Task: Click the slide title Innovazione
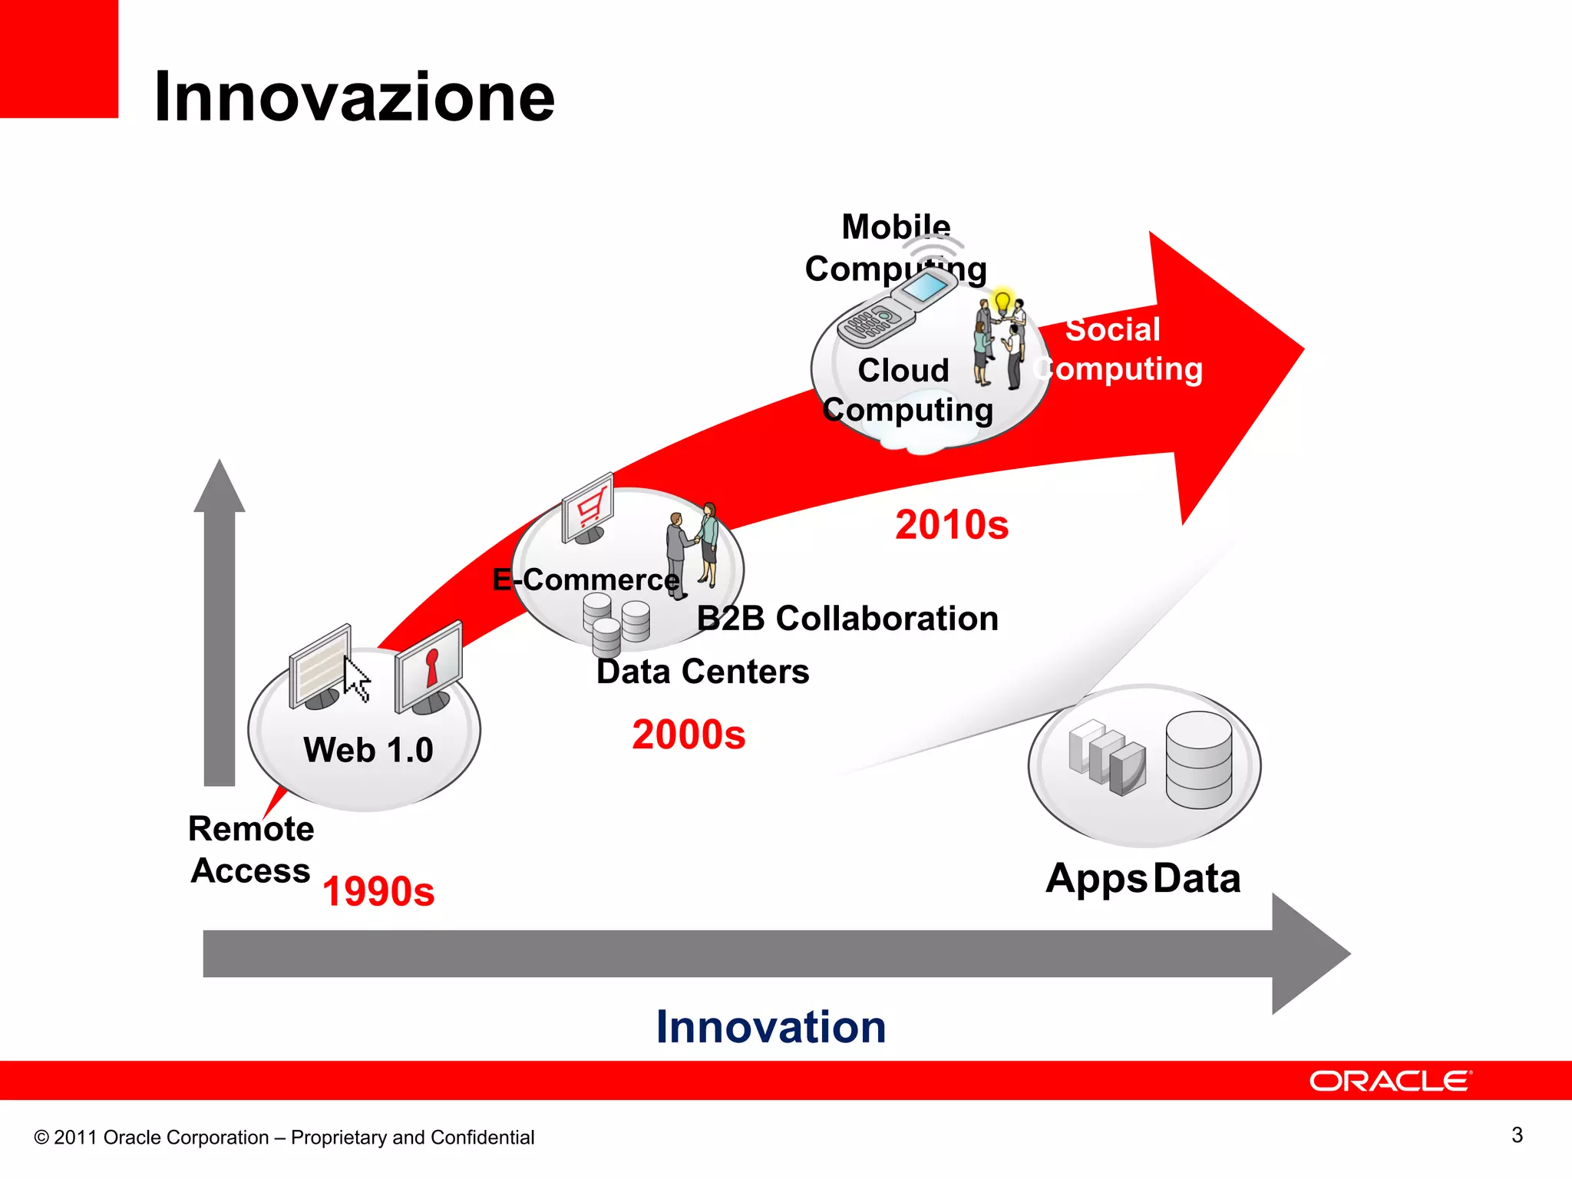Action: (x=354, y=97)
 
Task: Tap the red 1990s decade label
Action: (x=378, y=892)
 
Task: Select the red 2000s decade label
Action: (x=689, y=735)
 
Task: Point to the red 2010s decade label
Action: (x=952, y=525)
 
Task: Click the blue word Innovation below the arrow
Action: (x=771, y=1027)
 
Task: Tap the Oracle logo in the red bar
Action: (x=1390, y=1081)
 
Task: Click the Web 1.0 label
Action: (x=368, y=750)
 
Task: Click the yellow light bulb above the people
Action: (x=1002, y=302)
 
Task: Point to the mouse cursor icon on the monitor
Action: (x=356, y=679)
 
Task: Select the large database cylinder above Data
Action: (x=1198, y=759)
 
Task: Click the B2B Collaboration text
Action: (x=847, y=619)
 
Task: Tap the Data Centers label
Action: (x=702, y=672)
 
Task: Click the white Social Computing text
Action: (x=1118, y=349)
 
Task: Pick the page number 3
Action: (x=1517, y=1134)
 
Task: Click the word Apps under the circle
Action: (x=1095, y=879)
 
